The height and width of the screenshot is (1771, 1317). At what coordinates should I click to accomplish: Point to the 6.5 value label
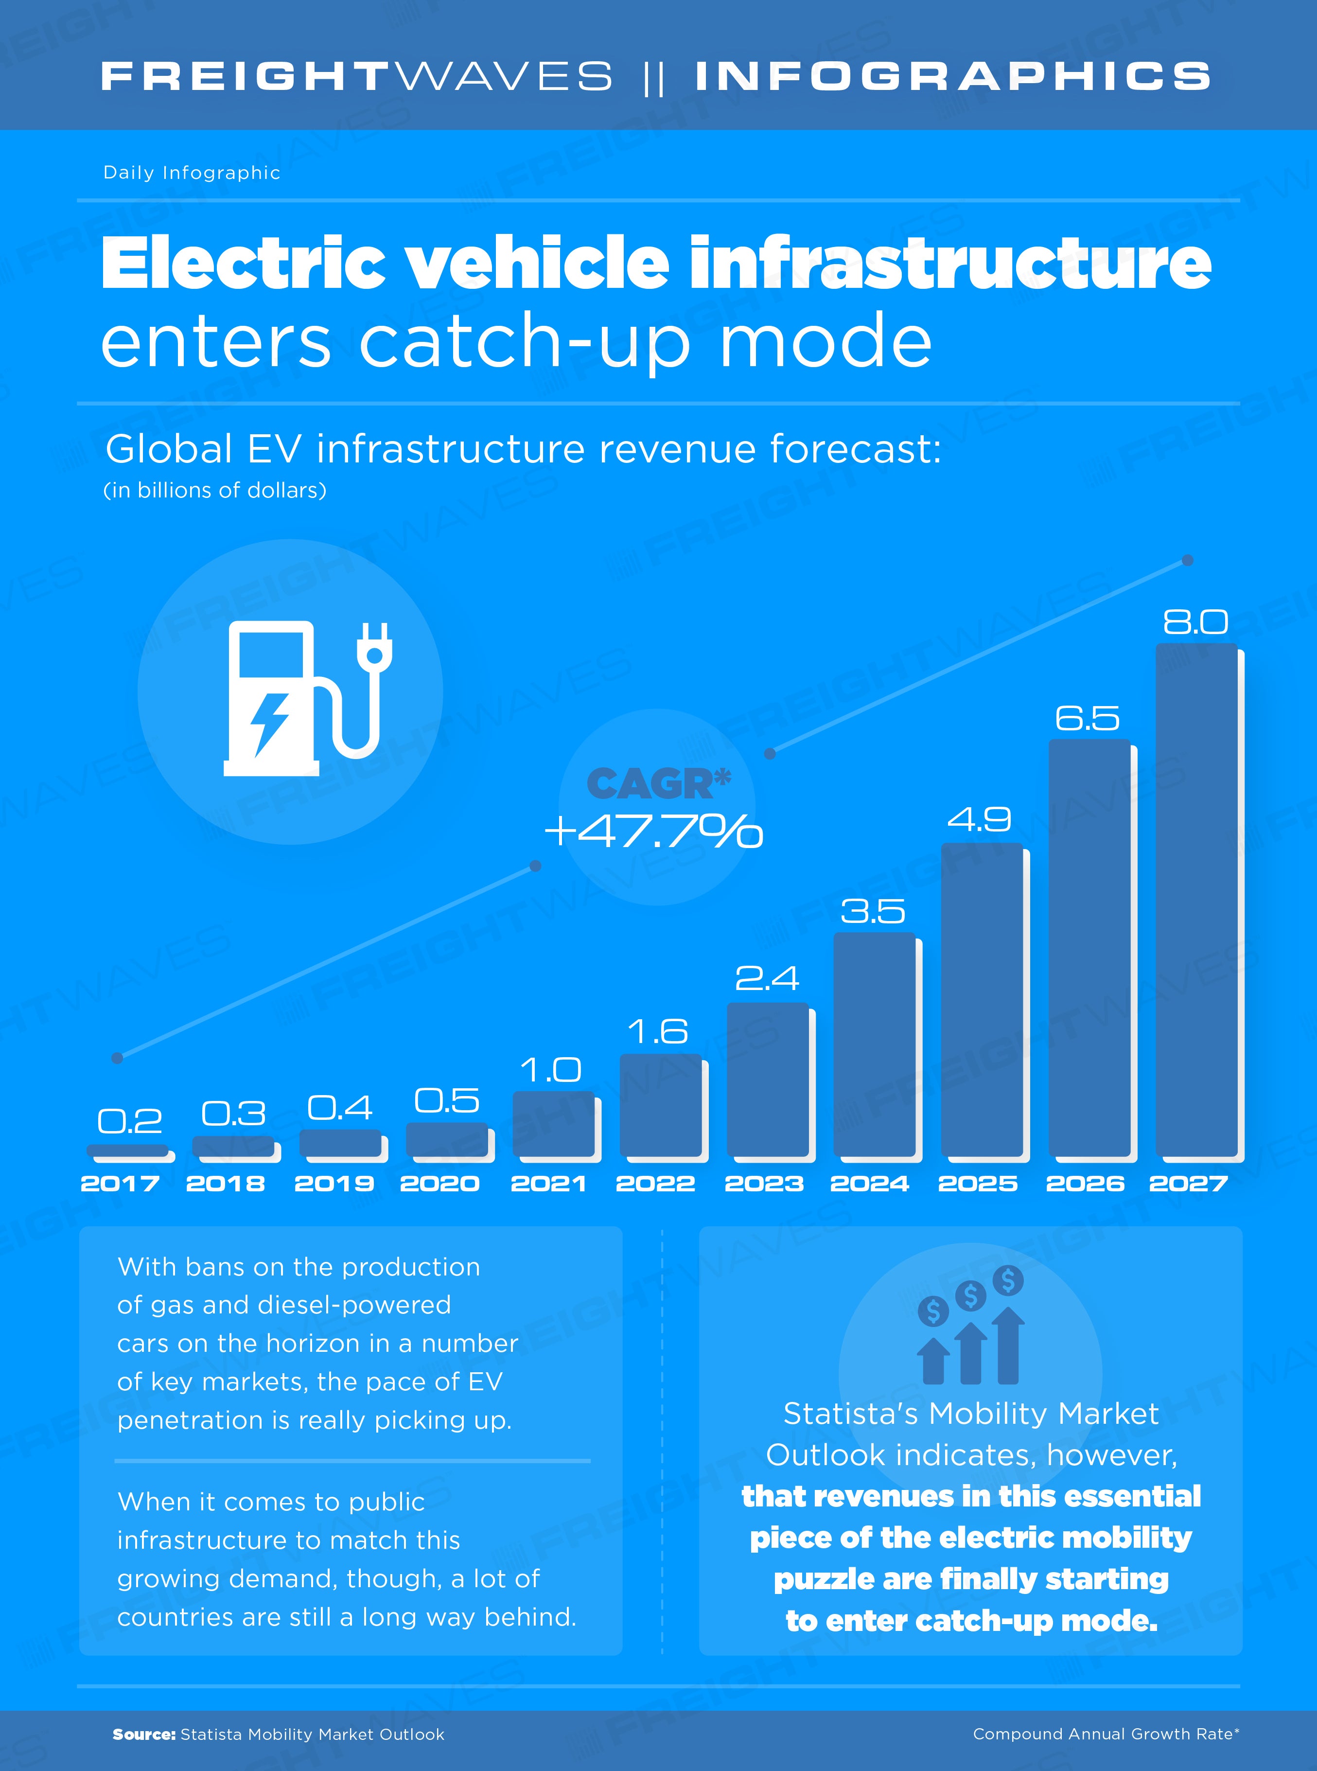coord(1088,718)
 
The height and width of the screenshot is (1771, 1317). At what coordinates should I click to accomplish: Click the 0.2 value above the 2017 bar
coord(129,1121)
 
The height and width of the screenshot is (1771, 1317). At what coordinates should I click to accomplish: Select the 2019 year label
coord(334,1183)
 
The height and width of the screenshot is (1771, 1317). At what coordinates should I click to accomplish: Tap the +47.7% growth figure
coord(654,832)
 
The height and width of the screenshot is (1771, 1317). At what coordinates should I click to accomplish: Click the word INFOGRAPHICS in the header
coord(953,76)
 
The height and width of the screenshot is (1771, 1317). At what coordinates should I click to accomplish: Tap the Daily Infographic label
coord(192,173)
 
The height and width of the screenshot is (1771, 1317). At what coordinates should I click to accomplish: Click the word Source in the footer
coord(143,1735)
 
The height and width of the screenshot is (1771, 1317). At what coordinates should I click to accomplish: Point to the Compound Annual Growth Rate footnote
coord(1106,1735)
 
